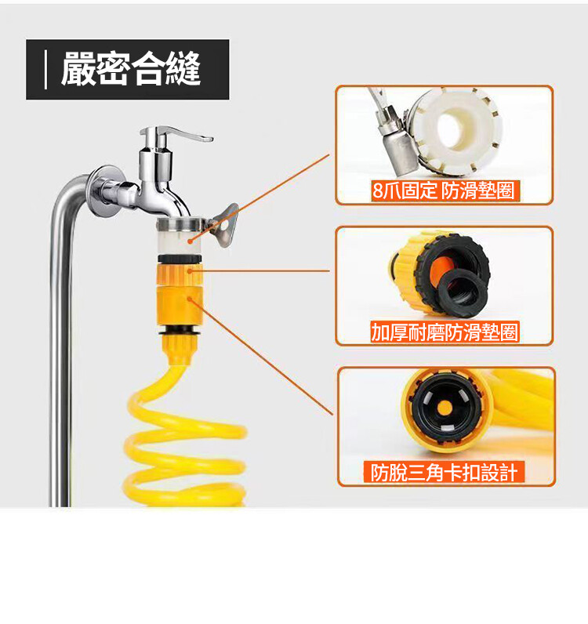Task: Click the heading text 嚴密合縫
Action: point(130,69)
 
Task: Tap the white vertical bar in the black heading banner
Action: point(45,69)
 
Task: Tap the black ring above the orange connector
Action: point(180,259)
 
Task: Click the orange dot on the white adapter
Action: point(191,241)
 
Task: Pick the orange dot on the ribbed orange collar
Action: point(190,271)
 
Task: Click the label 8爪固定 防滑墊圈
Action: point(443,190)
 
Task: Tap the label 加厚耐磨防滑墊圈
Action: point(445,332)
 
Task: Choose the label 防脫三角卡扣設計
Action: point(444,473)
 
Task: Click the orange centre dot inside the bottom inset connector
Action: point(445,408)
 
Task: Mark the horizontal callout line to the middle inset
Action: point(260,271)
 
